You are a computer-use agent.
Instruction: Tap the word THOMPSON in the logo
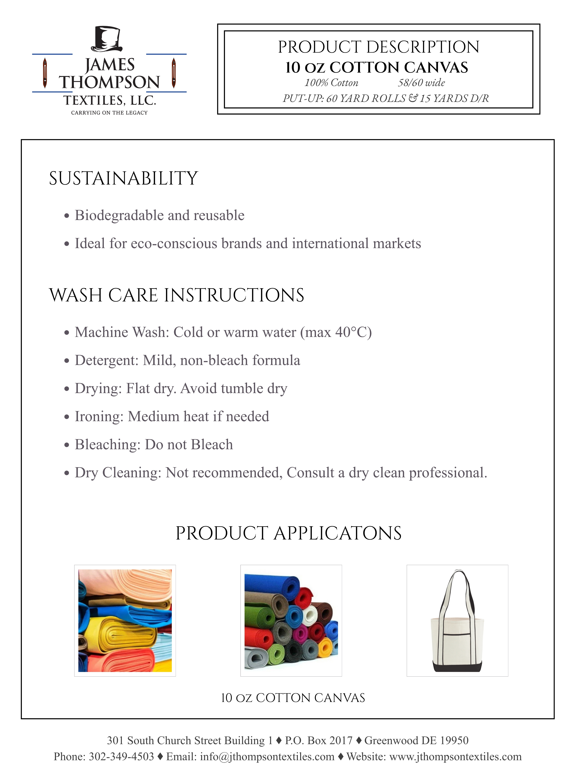click(109, 82)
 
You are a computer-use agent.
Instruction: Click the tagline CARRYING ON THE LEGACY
click(109, 112)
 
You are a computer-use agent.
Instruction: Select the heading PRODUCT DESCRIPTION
click(379, 47)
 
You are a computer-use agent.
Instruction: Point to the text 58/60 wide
click(421, 83)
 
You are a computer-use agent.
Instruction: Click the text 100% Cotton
click(331, 83)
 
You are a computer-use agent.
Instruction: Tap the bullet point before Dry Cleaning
click(67, 473)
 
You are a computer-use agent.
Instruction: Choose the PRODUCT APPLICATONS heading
click(288, 533)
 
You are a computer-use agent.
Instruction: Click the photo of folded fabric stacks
click(125, 621)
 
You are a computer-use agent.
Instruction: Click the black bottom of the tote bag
click(457, 666)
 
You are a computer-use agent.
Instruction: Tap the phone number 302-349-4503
click(121, 757)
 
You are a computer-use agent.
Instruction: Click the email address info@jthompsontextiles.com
click(267, 757)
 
